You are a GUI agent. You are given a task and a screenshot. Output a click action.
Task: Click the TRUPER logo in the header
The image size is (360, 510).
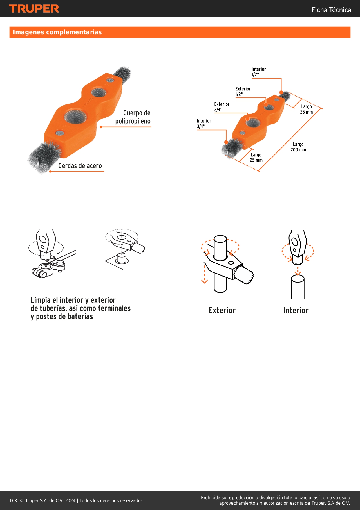tap(34, 9)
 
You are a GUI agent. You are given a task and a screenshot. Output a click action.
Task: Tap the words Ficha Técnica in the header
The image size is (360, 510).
tap(331, 10)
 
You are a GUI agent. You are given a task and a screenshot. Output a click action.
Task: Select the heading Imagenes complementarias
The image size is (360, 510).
tap(57, 32)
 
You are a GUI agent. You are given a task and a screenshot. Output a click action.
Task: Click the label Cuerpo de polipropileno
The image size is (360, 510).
tap(133, 117)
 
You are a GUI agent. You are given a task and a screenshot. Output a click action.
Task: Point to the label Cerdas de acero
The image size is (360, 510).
tap(80, 166)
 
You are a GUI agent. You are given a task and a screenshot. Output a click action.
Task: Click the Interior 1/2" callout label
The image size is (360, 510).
tap(258, 72)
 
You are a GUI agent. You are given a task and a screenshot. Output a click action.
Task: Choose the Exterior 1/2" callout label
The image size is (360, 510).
tap(243, 92)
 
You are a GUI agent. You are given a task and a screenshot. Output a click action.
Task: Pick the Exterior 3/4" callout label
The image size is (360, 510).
tap(222, 107)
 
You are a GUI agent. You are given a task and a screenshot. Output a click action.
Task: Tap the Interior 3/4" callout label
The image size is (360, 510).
tap(204, 124)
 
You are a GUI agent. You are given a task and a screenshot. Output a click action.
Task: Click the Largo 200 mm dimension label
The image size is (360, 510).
tap(298, 147)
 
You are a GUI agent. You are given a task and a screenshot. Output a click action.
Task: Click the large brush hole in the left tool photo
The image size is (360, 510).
tap(75, 116)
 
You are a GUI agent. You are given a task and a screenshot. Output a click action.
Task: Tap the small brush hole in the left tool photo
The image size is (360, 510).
tap(99, 92)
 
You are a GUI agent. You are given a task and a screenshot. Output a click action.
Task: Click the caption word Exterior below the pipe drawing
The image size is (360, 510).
tap(222, 310)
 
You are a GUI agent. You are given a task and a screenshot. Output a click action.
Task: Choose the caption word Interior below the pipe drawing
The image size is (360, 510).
tap(296, 310)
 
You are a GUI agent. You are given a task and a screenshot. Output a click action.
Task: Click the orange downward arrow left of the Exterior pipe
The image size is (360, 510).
tap(205, 274)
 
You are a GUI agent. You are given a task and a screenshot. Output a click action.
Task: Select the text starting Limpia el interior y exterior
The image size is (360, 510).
tap(81, 308)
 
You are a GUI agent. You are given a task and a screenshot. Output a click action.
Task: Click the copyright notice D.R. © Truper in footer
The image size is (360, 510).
tap(77, 500)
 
